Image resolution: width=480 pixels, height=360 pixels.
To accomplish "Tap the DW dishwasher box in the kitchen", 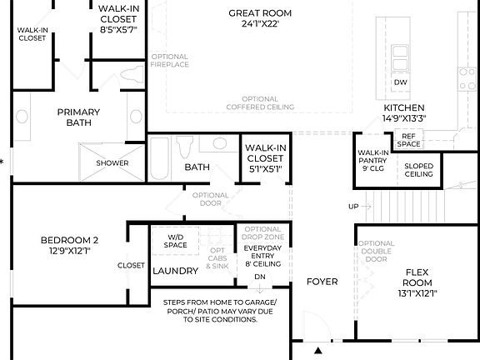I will pos(400,82).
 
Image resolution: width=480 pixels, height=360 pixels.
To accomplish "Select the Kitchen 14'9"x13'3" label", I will pos(404,113).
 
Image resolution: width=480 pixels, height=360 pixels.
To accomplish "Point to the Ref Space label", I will pos(408,140).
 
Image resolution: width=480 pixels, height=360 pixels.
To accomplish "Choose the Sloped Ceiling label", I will pos(418,170).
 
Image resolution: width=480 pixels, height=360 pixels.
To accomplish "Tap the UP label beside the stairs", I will pos(352,207).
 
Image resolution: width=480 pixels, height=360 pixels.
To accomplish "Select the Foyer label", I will pos(322,282).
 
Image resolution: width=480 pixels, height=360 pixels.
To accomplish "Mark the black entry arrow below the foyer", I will pos(318,352).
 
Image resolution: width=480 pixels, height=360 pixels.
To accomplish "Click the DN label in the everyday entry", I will pos(259,277).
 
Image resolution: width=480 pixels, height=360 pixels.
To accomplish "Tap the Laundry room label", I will pos(175,271).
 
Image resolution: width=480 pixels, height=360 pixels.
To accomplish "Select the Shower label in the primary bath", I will pos(112,162).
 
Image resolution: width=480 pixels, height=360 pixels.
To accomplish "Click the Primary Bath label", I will pos(78,118).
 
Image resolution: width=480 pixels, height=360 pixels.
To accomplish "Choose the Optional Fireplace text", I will pos(170,60).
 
